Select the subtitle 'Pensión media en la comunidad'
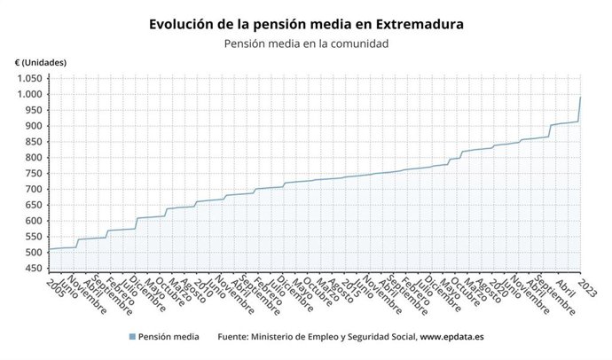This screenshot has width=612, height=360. pos(306,43)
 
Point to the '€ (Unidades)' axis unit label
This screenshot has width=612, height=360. pos(40,62)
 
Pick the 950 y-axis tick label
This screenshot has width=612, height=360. pos(32,110)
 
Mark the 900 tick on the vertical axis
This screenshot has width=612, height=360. pos(32,126)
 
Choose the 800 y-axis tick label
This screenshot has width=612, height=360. pos(32,158)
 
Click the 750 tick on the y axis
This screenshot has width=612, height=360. pos(32,174)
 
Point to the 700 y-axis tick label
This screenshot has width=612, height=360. pos(32,190)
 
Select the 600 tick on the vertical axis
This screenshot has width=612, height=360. pos(32,222)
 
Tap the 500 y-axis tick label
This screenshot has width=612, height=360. pos(32,254)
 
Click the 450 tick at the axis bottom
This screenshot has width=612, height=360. pos(32,270)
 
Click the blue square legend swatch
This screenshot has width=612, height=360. pos(132,337)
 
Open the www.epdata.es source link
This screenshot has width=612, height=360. pos(451,337)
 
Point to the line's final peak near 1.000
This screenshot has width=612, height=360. pos(580,98)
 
